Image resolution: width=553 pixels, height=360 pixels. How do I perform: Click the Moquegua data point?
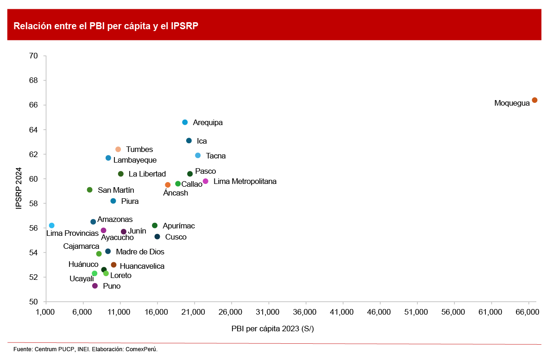click(x=534, y=100)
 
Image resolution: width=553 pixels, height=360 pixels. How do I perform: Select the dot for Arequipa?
click(x=185, y=122)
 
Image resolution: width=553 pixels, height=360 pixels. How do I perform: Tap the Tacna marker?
click(x=198, y=155)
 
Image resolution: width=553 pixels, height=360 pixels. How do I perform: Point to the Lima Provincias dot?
click(x=51, y=225)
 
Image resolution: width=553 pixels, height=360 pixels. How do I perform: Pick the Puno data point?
click(x=95, y=286)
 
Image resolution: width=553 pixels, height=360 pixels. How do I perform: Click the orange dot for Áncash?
click(x=168, y=185)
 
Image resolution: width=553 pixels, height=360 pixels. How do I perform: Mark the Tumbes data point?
click(x=118, y=149)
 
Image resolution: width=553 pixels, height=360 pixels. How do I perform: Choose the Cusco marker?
click(x=157, y=237)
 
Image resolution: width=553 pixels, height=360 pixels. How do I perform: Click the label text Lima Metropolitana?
click(x=245, y=181)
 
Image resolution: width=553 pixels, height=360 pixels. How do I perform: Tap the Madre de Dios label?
click(x=140, y=252)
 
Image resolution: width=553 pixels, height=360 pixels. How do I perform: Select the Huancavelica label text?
click(x=142, y=266)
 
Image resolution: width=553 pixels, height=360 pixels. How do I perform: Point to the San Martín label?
click(x=116, y=190)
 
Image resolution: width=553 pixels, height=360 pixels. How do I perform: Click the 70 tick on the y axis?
click(x=33, y=56)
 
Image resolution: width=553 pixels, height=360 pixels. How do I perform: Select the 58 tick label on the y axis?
click(x=33, y=203)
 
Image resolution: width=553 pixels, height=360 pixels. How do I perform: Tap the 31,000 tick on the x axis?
click(x=268, y=313)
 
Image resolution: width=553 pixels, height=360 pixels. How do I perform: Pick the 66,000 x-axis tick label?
click(x=528, y=313)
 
